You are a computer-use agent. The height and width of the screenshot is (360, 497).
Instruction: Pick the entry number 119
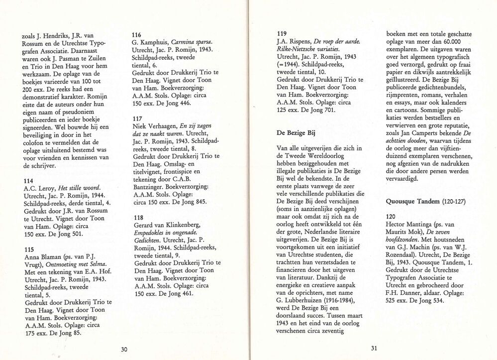coord(283,32)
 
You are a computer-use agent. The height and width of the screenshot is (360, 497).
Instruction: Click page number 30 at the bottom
coord(124,349)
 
